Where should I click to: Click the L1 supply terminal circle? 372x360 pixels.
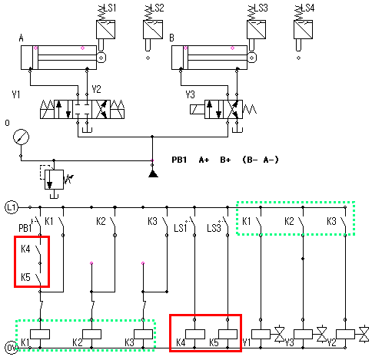[12, 207]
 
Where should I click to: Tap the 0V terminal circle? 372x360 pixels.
[12, 348]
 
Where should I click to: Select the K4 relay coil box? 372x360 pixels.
[195, 334]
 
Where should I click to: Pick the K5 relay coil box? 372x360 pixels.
[228, 334]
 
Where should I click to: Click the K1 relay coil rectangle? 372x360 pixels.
[40, 334]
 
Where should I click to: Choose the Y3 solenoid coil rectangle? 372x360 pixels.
[303, 334]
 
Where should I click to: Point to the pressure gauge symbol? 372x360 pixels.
[21, 137]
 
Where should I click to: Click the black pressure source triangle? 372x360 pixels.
[153, 173]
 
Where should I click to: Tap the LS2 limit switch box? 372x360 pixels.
[153, 29]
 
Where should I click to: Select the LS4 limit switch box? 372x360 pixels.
[304, 29]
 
